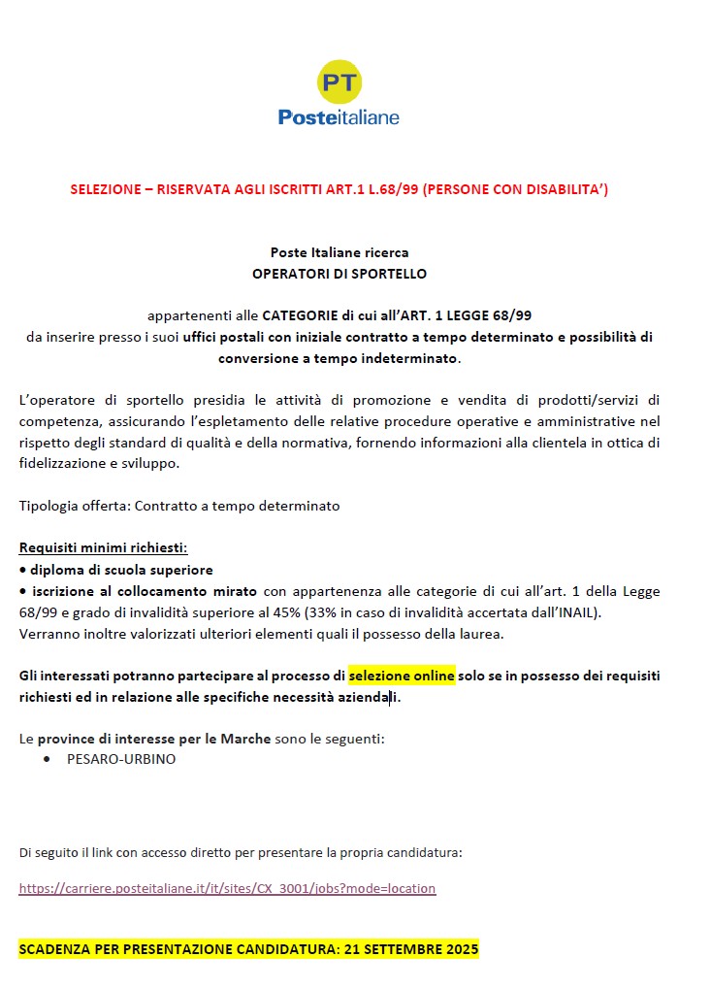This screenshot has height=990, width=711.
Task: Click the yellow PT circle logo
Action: click(339, 82)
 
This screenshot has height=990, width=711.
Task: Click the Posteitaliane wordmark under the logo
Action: click(339, 117)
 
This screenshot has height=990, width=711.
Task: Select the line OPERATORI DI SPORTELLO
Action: click(339, 274)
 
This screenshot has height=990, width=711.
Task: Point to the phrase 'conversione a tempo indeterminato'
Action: click(339, 358)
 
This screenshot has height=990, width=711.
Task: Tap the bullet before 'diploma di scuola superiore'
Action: click(23, 571)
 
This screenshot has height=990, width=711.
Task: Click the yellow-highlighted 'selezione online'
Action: click(402, 676)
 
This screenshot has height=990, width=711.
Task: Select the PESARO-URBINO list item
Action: click(121, 759)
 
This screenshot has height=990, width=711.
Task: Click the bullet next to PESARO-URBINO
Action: click(48, 759)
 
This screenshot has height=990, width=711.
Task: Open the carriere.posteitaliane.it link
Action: click(227, 888)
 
